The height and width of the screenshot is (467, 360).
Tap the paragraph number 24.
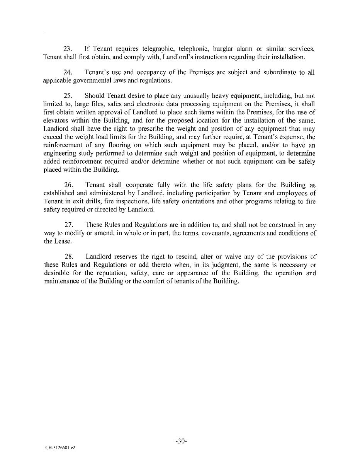(68, 72)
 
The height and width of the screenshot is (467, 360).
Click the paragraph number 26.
(68, 185)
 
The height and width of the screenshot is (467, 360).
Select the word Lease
(61, 241)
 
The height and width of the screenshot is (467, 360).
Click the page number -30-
(181, 441)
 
